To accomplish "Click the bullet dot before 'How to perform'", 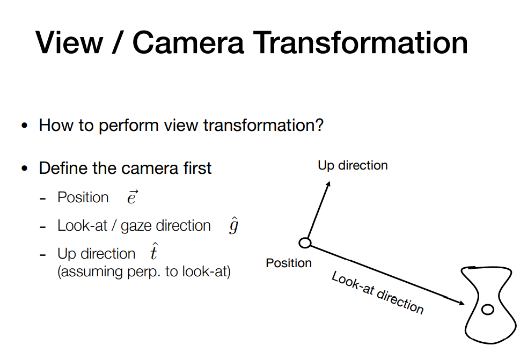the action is tap(24, 126).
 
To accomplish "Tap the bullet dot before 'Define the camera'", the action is tap(24, 168).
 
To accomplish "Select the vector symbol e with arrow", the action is tap(133, 197).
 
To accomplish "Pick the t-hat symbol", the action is tap(153, 252).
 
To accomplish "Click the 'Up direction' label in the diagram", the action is tap(353, 165).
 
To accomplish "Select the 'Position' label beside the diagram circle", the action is tap(289, 263).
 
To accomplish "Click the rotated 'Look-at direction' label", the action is tap(378, 292).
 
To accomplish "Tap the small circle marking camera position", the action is tap(305, 243).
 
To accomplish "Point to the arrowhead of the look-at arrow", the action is tap(462, 302).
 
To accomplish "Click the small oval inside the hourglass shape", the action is tap(487, 310).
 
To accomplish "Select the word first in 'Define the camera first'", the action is tap(197, 168).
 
